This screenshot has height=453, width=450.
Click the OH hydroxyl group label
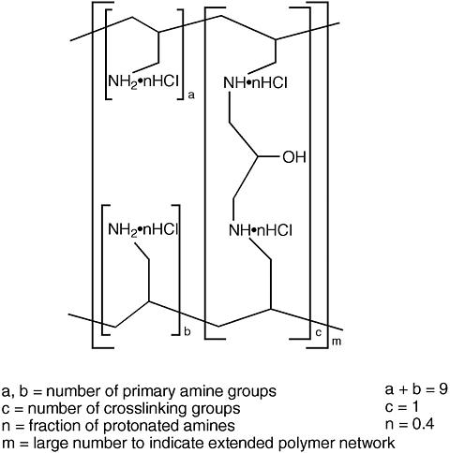point(294,157)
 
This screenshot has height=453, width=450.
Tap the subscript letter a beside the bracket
point(191,95)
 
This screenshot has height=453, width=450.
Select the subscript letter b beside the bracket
point(187,331)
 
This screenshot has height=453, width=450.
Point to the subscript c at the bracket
point(318,332)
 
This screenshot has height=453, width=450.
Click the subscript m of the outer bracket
point(337,342)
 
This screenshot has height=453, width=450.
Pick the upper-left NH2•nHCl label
point(143,81)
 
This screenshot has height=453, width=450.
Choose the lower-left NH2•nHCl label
point(143,230)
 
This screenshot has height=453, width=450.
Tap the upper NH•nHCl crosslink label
point(255,83)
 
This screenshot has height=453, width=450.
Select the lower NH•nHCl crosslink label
point(261,231)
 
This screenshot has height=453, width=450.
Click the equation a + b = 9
point(416,389)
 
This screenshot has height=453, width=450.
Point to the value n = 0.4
point(410,424)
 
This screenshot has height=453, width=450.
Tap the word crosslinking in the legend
point(144,409)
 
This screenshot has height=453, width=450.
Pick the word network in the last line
point(367,443)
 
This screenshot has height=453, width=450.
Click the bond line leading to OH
point(268,156)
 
